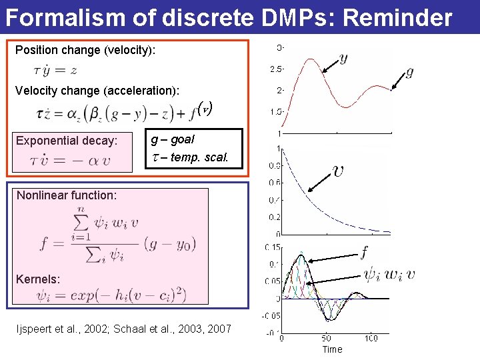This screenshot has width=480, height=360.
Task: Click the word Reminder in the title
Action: click(399, 17)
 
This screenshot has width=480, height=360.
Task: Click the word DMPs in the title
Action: click(297, 17)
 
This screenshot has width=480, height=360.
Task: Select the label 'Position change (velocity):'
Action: click(85, 50)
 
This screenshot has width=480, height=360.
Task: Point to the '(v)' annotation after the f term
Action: click(206, 109)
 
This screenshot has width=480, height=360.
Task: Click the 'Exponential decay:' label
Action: click(67, 141)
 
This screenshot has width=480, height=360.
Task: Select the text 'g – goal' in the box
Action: click(173, 139)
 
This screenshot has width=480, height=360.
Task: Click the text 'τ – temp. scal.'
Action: click(189, 158)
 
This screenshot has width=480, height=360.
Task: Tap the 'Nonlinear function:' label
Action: click(67, 195)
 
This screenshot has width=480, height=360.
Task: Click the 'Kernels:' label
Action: click(38, 279)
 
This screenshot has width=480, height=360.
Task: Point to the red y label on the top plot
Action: click(343, 59)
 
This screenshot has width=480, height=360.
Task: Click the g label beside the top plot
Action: click(409, 71)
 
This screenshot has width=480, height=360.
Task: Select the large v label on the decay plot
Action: click(339, 171)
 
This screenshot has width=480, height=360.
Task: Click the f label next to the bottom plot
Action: click(364, 252)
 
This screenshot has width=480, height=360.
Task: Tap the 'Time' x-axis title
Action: click(332, 349)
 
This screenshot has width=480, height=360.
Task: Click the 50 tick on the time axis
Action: click(327, 338)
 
